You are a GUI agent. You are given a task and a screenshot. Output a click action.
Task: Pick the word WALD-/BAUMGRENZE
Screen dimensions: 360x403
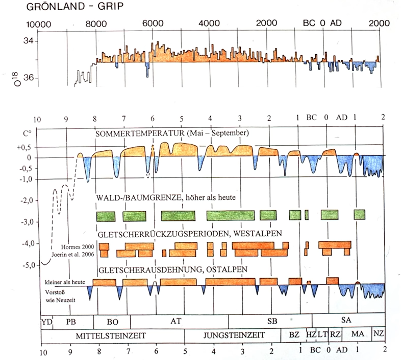pos(133,197)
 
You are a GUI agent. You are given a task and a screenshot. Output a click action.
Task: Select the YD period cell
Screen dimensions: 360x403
pos(46,322)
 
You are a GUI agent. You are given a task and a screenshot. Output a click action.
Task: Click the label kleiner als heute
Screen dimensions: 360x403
pos(63,282)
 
